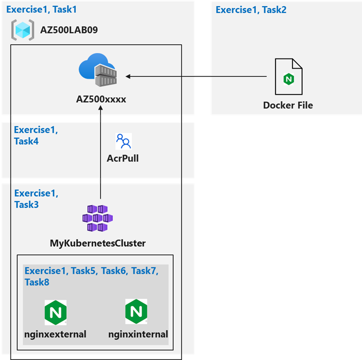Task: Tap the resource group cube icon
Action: point(23,30)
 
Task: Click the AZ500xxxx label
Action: point(101,99)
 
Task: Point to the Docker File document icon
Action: point(289,77)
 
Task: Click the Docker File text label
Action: point(288,105)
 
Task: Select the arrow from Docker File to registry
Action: point(197,76)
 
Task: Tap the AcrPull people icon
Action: point(123,141)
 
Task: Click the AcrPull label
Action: point(123,158)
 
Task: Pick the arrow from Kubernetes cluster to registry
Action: point(101,154)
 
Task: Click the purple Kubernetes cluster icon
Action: point(97,219)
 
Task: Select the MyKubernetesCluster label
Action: point(98,243)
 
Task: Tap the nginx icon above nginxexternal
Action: point(55,312)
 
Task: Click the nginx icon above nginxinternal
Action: point(136,312)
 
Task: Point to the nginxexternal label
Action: point(55,334)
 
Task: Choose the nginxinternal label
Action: point(138,334)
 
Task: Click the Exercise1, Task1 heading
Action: point(41,9)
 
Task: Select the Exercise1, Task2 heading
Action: point(251,10)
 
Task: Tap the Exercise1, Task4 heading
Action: point(36,135)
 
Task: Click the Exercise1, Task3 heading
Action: point(36,199)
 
